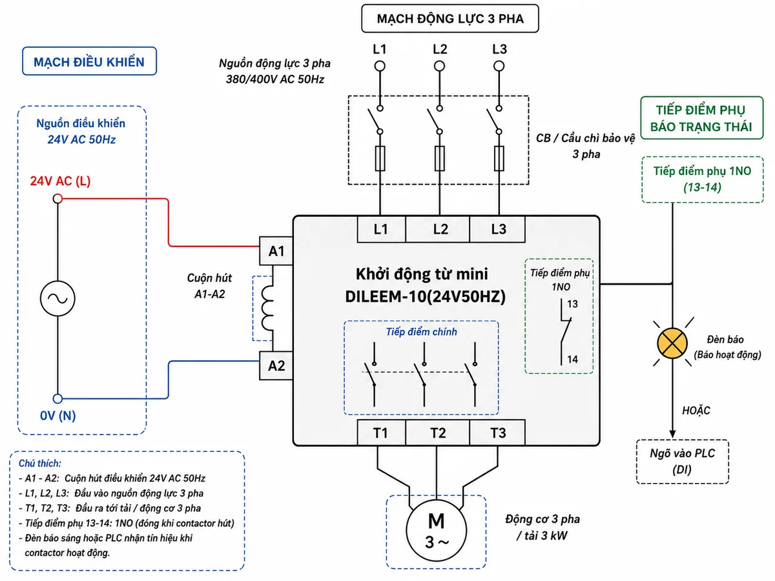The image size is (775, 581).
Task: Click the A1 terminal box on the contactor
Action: point(276,251)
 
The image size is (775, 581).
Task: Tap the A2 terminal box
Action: point(276,365)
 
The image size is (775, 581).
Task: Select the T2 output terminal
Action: point(437,433)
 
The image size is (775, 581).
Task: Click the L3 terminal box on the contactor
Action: point(497,229)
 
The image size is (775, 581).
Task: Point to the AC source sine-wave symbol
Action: point(57,298)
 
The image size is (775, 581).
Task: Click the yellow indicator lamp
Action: point(672,343)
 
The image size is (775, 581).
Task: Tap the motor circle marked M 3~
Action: point(437,530)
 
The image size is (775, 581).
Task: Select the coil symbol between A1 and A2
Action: point(267,308)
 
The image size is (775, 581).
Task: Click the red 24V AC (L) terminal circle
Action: point(57,199)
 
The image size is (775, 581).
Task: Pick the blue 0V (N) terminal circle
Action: point(57,398)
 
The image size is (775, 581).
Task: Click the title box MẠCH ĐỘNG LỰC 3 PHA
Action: point(450,18)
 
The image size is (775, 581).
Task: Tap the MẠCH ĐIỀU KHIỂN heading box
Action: point(89,61)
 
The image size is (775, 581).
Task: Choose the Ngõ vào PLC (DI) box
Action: point(683,462)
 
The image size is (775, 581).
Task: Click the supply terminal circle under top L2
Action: point(440,66)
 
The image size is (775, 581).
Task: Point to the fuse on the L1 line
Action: point(380,158)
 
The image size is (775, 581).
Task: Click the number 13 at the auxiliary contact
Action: point(572,303)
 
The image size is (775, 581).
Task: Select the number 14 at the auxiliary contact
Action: point(572,359)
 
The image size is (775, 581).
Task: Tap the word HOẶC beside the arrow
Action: point(696,410)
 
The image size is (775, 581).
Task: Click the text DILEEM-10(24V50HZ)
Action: point(425,296)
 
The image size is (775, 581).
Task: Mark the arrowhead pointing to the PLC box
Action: point(672,434)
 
